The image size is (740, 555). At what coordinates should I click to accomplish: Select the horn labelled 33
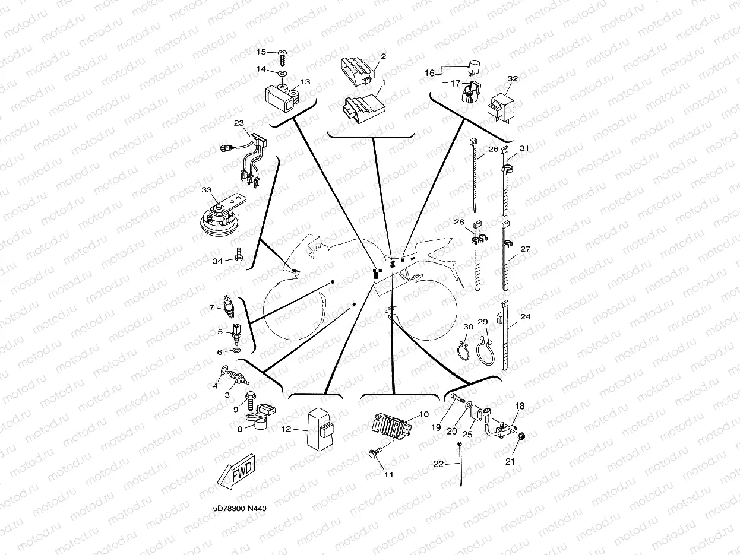click(x=218, y=218)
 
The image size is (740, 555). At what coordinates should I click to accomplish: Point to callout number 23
click(x=239, y=123)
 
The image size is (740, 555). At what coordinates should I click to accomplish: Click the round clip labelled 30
click(x=463, y=350)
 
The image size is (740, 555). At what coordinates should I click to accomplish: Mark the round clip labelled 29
click(x=484, y=348)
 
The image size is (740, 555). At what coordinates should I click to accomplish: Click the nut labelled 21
click(x=521, y=438)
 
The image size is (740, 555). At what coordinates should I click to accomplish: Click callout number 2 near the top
click(x=382, y=56)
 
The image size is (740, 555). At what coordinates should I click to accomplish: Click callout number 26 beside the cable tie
click(x=493, y=149)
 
